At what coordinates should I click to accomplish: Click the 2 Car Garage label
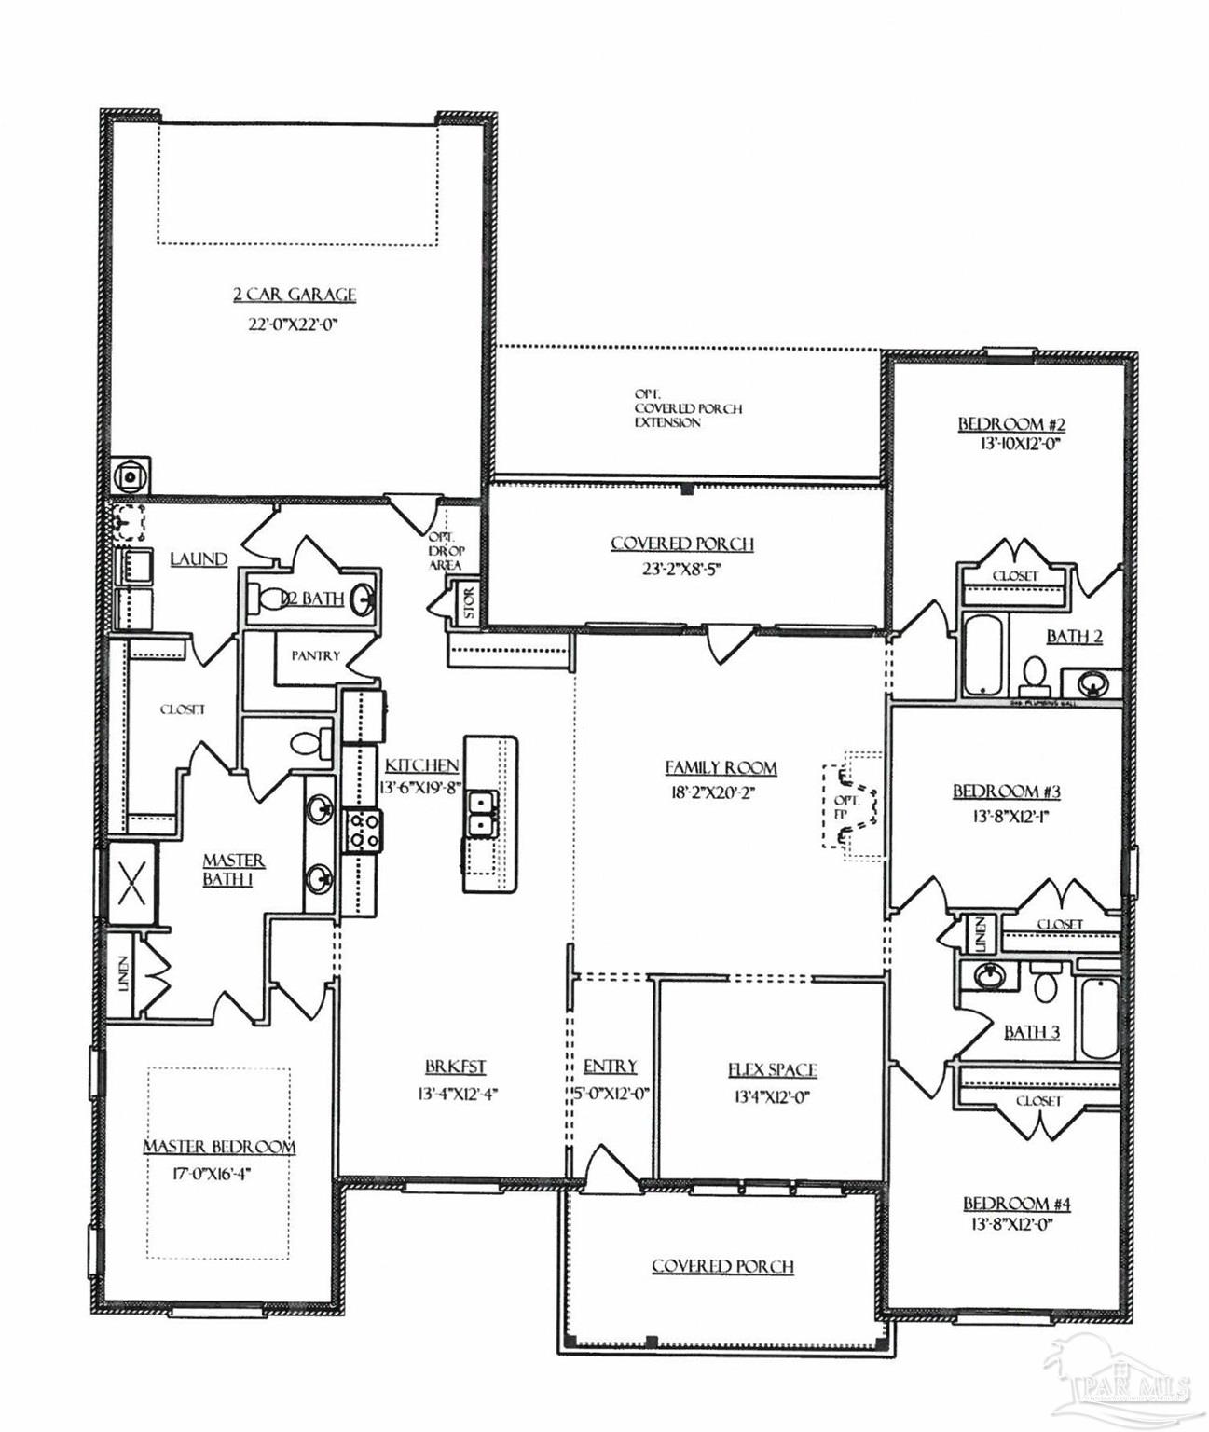coord(295,295)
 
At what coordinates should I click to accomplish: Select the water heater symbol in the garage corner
coord(130,475)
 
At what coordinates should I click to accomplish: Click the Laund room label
coord(199,558)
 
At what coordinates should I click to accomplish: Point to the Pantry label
coord(315,655)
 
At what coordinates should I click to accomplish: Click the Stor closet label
coord(468,601)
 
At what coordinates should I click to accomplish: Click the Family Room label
coord(721,767)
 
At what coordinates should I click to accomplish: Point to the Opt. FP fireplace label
coord(846,806)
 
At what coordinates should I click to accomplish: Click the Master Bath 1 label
coord(232,869)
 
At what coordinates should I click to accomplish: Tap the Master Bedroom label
coord(219,1147)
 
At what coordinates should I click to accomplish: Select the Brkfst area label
coord(456,1067)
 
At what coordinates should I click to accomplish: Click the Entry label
coord(611,1067)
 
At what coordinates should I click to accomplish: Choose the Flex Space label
coord(772,1070)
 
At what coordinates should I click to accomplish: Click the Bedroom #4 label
coord(1017,1204)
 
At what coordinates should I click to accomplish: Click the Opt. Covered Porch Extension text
coord(687,408)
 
